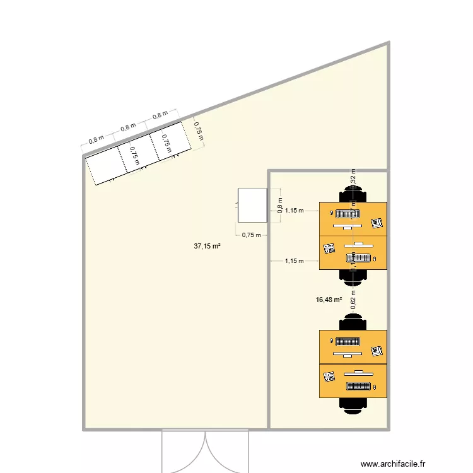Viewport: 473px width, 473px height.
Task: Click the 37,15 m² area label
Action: tap(207, 247)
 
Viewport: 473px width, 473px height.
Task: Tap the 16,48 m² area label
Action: tap(329, 301)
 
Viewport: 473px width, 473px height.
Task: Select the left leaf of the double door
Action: tap(184, 450)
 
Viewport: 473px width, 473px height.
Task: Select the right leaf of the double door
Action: tap(227, 450)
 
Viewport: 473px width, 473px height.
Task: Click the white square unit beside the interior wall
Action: tap(252, 206)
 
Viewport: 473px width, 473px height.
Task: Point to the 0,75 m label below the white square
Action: tap(251, 235)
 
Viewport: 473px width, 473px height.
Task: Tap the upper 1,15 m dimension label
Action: tap(294, 211)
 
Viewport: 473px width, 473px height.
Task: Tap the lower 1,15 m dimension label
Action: tap(294, 260)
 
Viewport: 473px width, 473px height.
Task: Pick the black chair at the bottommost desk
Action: tap(353, 404)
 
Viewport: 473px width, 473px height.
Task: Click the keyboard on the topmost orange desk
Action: tap(347, 214)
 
